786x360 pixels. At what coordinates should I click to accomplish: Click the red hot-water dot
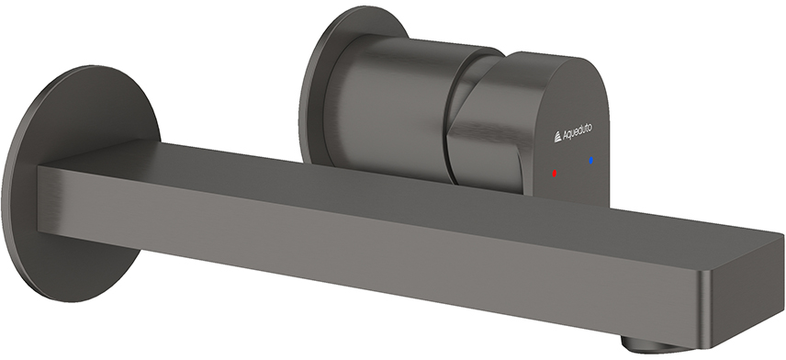pos(554,173)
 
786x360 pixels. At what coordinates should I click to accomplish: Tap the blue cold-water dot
pos(591,161)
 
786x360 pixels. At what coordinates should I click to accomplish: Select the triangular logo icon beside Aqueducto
pos(558,137)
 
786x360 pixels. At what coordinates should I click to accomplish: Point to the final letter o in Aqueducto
pos(590,128)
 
